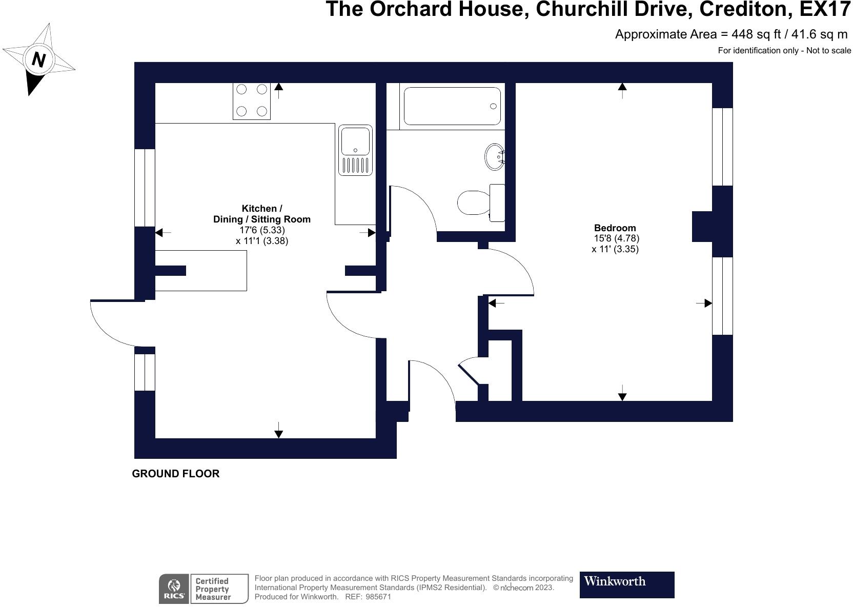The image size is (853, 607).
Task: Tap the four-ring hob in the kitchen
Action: coord(252,100)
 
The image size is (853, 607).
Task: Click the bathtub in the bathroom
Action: coord(452,106)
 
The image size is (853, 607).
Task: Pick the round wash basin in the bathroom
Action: coord(495,156)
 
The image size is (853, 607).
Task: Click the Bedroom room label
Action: coord(615,228)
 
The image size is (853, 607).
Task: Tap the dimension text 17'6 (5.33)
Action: coord(262,230)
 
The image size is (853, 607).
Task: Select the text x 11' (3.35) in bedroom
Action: coord(615,249)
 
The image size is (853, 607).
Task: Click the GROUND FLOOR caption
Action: coord(176,474)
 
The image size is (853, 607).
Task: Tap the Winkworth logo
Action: coord(626,584)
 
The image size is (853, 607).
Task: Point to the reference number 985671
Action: coord(378,597)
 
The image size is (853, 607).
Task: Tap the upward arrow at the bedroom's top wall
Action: coord(622,90)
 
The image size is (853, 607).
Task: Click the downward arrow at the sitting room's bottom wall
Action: coord(278,431)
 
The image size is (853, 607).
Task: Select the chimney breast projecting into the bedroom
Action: coord(702,226)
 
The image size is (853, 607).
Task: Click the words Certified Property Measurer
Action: coord(213,589)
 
